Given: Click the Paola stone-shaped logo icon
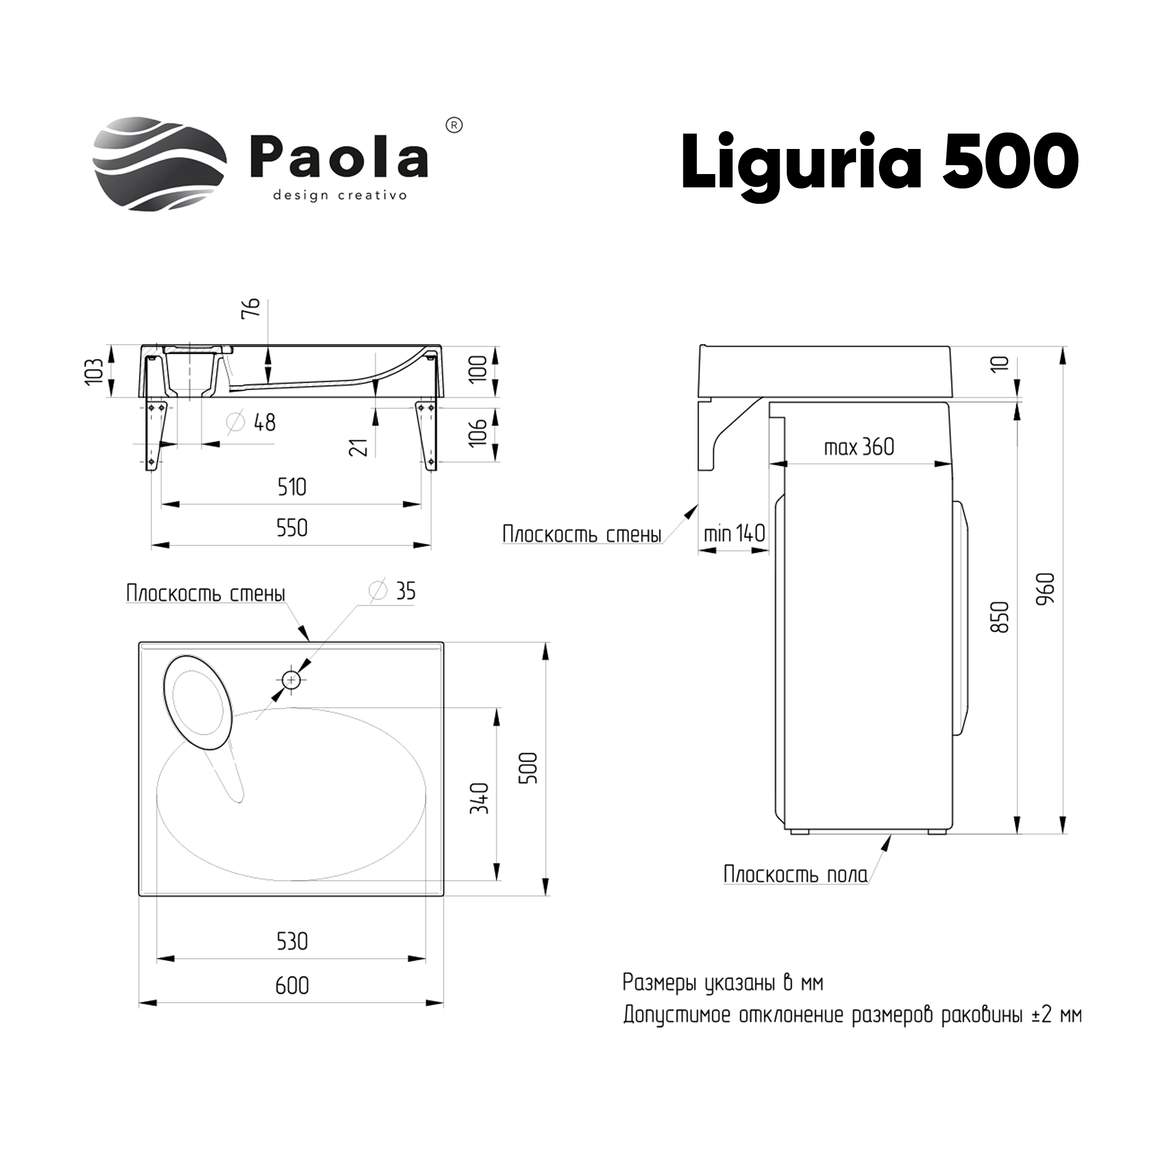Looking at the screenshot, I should coord(159,164).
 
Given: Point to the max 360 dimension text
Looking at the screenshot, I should coord(859,447).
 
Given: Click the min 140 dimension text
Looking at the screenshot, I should coord(734,533).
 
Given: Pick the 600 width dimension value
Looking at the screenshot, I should coord(292,986).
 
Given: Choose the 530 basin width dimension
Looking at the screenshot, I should coord(292,941).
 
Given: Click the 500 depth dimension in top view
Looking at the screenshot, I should coord(529,768).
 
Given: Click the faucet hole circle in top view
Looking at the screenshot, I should coord(291,680).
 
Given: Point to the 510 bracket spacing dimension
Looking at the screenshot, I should coord(292,487).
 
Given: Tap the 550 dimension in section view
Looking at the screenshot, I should coord(292,528).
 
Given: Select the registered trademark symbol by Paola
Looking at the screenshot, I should coord(455,126).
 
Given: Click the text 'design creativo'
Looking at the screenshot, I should coord(340,196).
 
